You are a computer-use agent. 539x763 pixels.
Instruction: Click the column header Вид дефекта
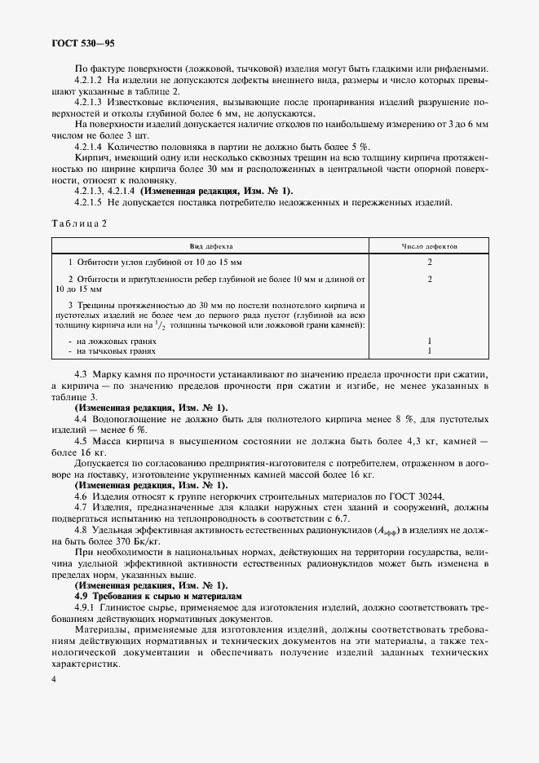coord(211,245)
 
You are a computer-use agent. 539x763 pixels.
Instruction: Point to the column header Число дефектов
coord(429,245)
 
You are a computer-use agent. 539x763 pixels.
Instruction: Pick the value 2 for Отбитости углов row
coord(429,262)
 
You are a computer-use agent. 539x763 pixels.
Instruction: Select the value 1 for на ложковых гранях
coord(429,341)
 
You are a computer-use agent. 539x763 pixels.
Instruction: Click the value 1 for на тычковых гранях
coord(429,351)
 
